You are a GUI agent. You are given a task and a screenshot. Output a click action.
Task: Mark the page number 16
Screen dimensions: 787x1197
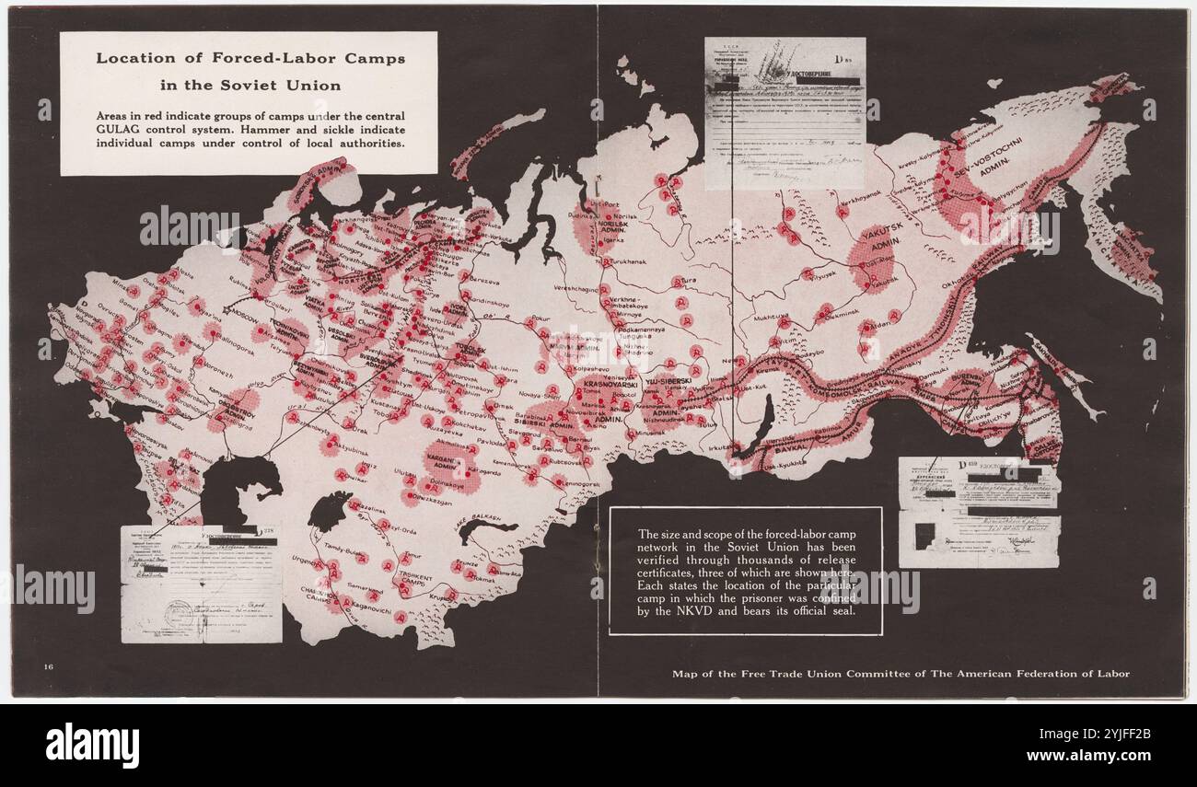(48, 665)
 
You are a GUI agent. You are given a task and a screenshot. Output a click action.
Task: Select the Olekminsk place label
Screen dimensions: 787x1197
(839, 312)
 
